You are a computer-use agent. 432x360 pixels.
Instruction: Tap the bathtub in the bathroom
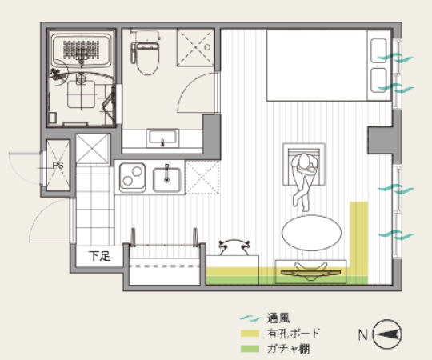(x=82, y=50)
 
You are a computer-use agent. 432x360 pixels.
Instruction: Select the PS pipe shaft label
(x=58, y=166)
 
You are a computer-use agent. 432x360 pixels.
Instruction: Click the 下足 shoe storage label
(x=99, y=256)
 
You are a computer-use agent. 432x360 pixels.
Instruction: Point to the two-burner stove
(x=132, y=177)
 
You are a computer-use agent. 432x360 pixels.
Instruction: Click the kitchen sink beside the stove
(x=166, y=179)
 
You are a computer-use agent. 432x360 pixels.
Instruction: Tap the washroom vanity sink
(x=162, y=138)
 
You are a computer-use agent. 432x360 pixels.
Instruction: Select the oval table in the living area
(x=312, y=233)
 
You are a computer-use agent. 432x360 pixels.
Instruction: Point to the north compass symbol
(x=387, y=334)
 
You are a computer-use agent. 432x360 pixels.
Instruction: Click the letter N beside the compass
(x=363, y=334)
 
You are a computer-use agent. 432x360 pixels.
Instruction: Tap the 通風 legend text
(x=278, y=318)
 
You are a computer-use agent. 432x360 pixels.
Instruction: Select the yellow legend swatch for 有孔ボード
(x=250, y=334)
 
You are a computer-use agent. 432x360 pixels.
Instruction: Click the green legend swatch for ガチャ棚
(x=250, y=349)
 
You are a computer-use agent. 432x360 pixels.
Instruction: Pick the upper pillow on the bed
(x=378, y=50)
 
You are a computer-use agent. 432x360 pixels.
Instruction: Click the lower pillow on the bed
(x=378, y=80)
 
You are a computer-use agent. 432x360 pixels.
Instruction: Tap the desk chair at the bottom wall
(x=234, y=247)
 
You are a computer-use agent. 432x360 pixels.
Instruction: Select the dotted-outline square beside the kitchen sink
(x=202, y=178)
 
